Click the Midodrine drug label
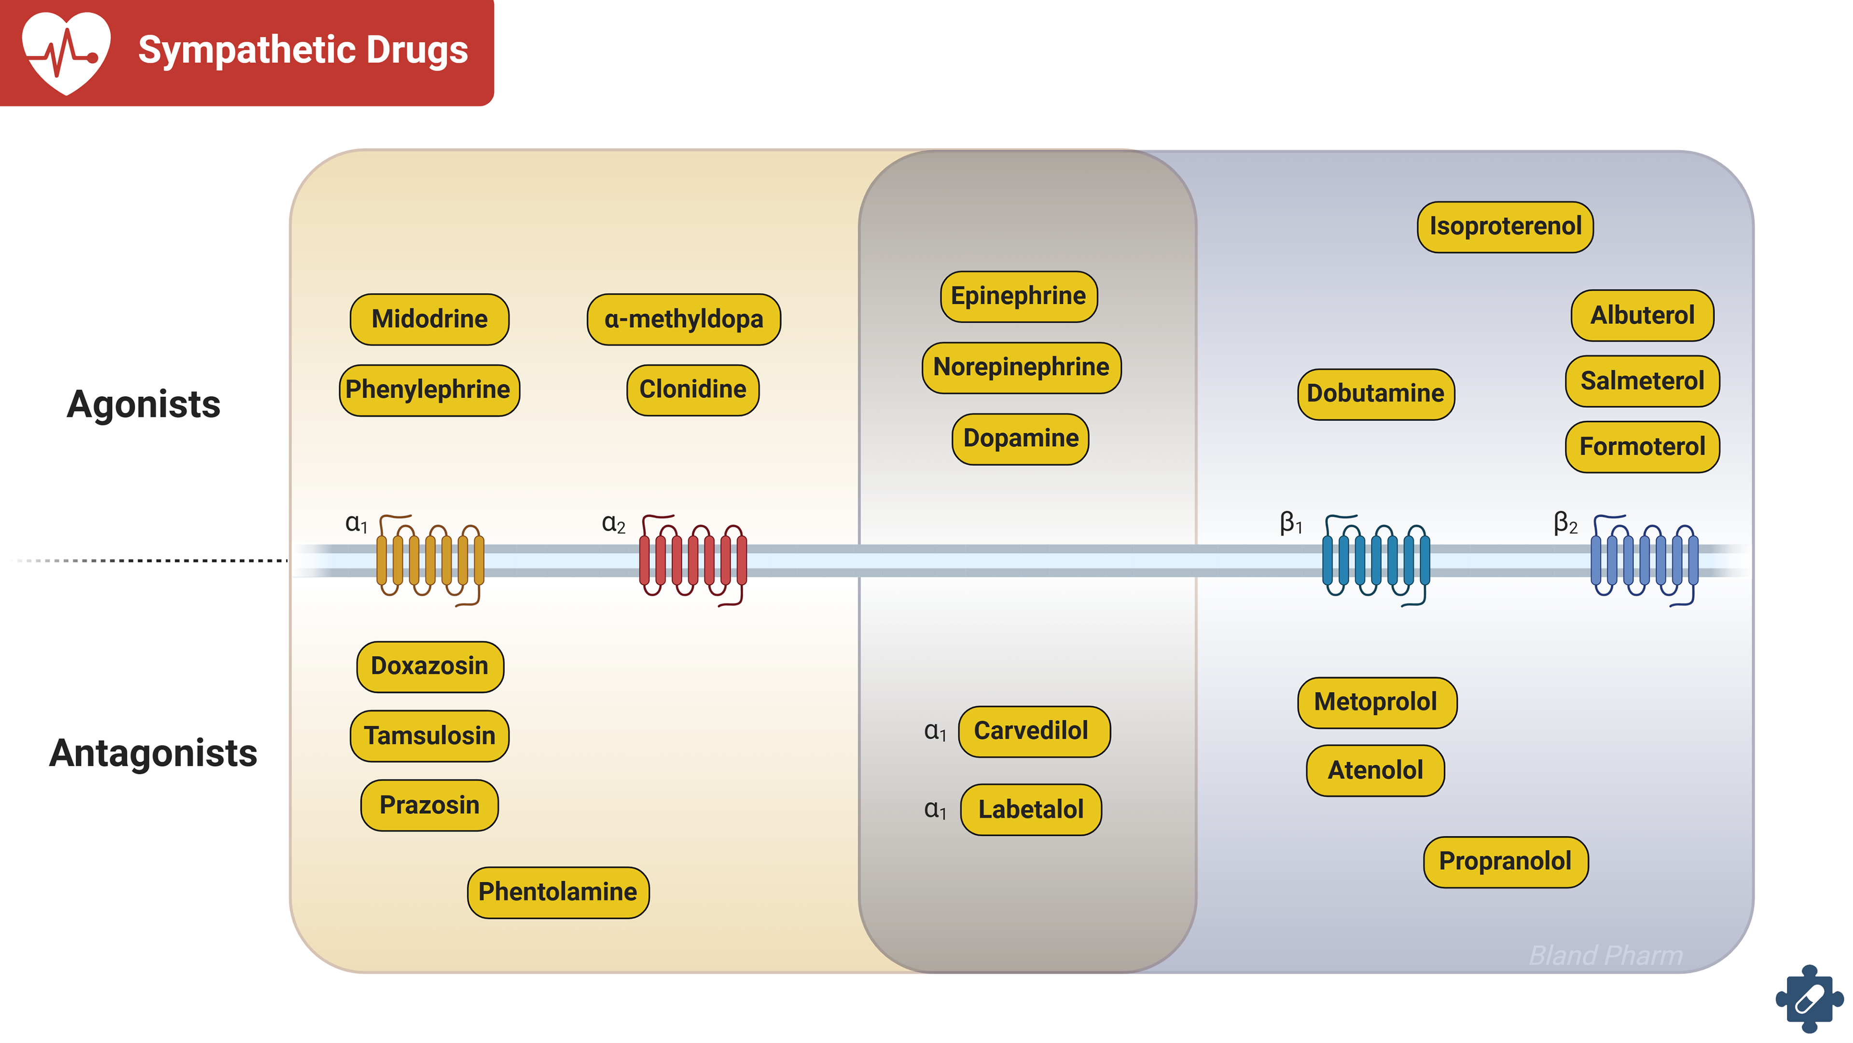tap(429, 319)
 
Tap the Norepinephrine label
tap(1021, 367)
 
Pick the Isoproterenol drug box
tap(1505, 226)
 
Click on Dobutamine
tap(1375, 394)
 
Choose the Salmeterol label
tap(1642, 381)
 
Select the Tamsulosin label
tap(429, 735)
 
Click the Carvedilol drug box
tap(1034, 731)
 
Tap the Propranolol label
tap(1505, 861)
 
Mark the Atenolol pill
tap(1375, 770)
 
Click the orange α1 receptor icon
tap(430, 560)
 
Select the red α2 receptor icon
tap(693, 560)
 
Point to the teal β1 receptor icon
tap(1375, 560)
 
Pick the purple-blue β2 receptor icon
tap(1644, 560)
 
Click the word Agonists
tap(143, 403)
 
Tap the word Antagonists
tap(152, 753)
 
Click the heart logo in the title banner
tap(66, 52)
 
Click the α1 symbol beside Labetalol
tap(934, 809)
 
